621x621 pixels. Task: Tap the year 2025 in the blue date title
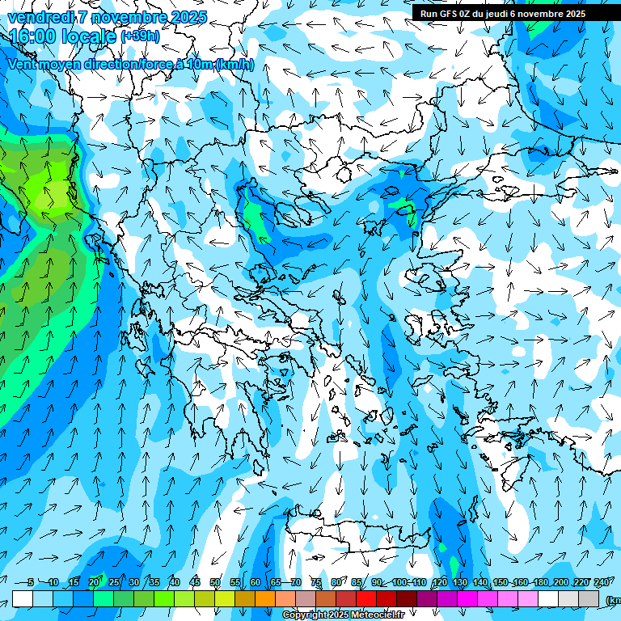pyautogui.click(x=185, y=17)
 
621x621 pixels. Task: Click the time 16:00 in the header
pyautogui.click(x=34, y=36)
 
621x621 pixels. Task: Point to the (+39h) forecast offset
pyautogui.click(x=140, y=36)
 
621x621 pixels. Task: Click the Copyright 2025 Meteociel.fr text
pyautogui.click(x=343, y=615)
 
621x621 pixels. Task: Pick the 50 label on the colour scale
pyautogui.click(x=214, y=582)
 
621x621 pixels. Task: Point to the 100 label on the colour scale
pyautogui.click(x=399, y=582)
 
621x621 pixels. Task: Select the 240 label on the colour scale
pyautogui.click(x=601, y=582)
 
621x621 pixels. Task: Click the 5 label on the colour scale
pyautogui.click(x=31, y=582)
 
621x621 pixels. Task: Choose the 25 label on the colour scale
pyautogui.click(x=114, y=582)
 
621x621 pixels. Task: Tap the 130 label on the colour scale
pyautogui.click(x=459, y=582)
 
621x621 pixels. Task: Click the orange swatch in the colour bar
pyautogui.click(x=265, y=599)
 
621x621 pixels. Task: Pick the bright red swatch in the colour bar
pyautogui.click(x=366, y=599)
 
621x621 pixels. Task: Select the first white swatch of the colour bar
pyautogui.click(x=23, y=599)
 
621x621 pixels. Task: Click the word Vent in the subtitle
pyautogui.click(x=23, y=65)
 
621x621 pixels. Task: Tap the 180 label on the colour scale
pyautogui.click(x=540, y=582)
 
